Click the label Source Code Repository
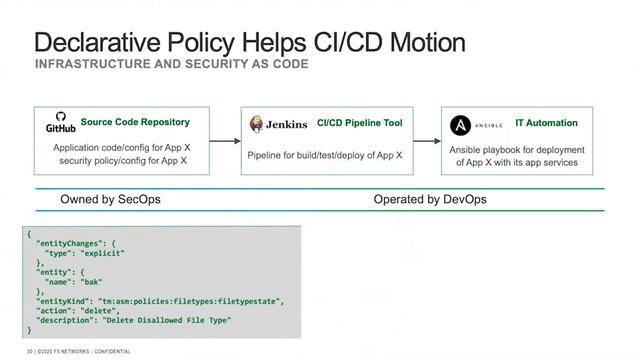pyautogui.click(x=135, y=122)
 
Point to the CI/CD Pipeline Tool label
pyautogui.click(x=360, y=123)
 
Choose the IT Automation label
pyautogui.click(x=546, y=123)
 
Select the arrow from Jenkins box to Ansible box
pyautogui.click(x=426, y=141)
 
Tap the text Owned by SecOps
pyautogui.click(x=110, y=199)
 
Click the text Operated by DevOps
pyautogui.click(x=430, y=199)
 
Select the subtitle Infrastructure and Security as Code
pyautogui.click(x=172, y=65)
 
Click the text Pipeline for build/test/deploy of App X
pyautogui.click(x=325, y=156)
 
